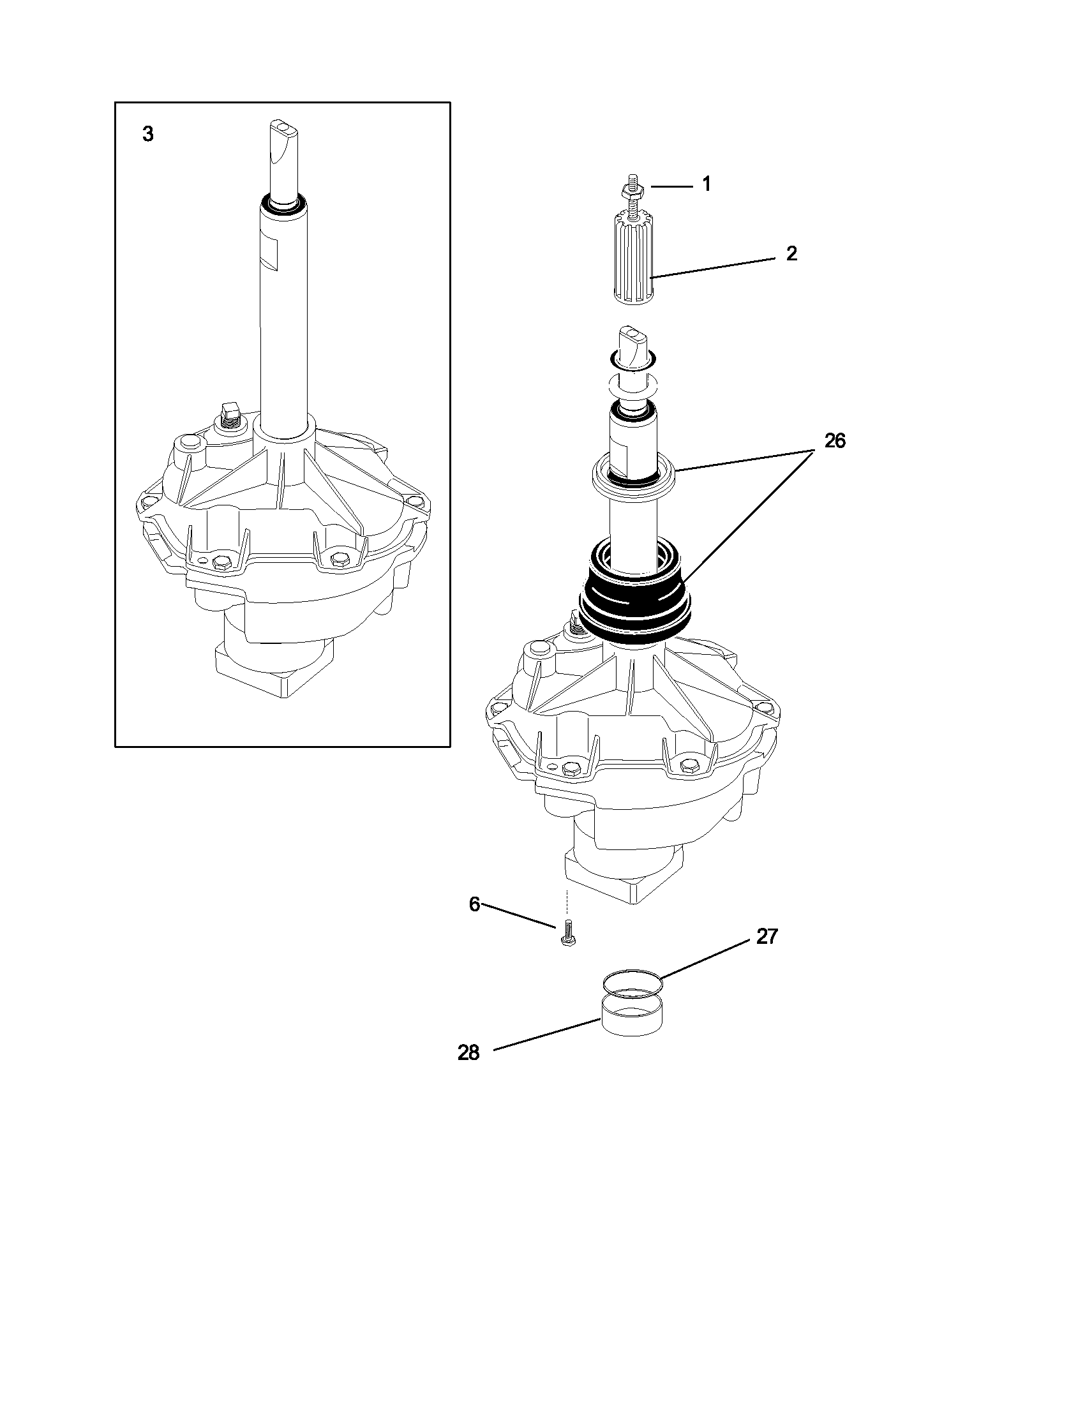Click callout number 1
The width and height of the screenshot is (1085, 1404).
tap(707, 184)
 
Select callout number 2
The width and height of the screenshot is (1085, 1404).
tap(791, 254)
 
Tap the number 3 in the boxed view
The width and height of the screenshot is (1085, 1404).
tap(148, 135)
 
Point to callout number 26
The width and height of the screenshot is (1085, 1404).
tap(834, 441)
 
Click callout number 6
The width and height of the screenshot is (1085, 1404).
tap(474, 904)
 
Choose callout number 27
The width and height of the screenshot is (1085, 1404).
tap(767, 937)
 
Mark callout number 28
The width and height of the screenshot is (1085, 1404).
tap(468, 1053)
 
